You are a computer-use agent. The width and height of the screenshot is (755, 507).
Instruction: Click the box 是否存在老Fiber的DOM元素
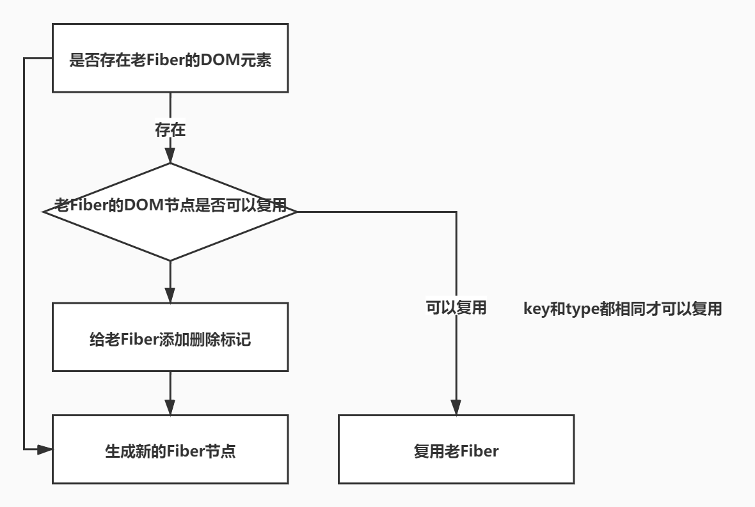click(x=171, y=63)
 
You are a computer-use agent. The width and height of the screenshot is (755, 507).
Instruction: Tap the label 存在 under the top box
click(x=170, y=131)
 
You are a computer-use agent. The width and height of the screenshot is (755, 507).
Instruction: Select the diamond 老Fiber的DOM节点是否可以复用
click(x=170, y=212)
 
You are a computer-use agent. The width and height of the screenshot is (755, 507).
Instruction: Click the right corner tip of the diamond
click(x=297, y=212)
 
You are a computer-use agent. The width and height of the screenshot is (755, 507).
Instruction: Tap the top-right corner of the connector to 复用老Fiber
click(x=456, y=212)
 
